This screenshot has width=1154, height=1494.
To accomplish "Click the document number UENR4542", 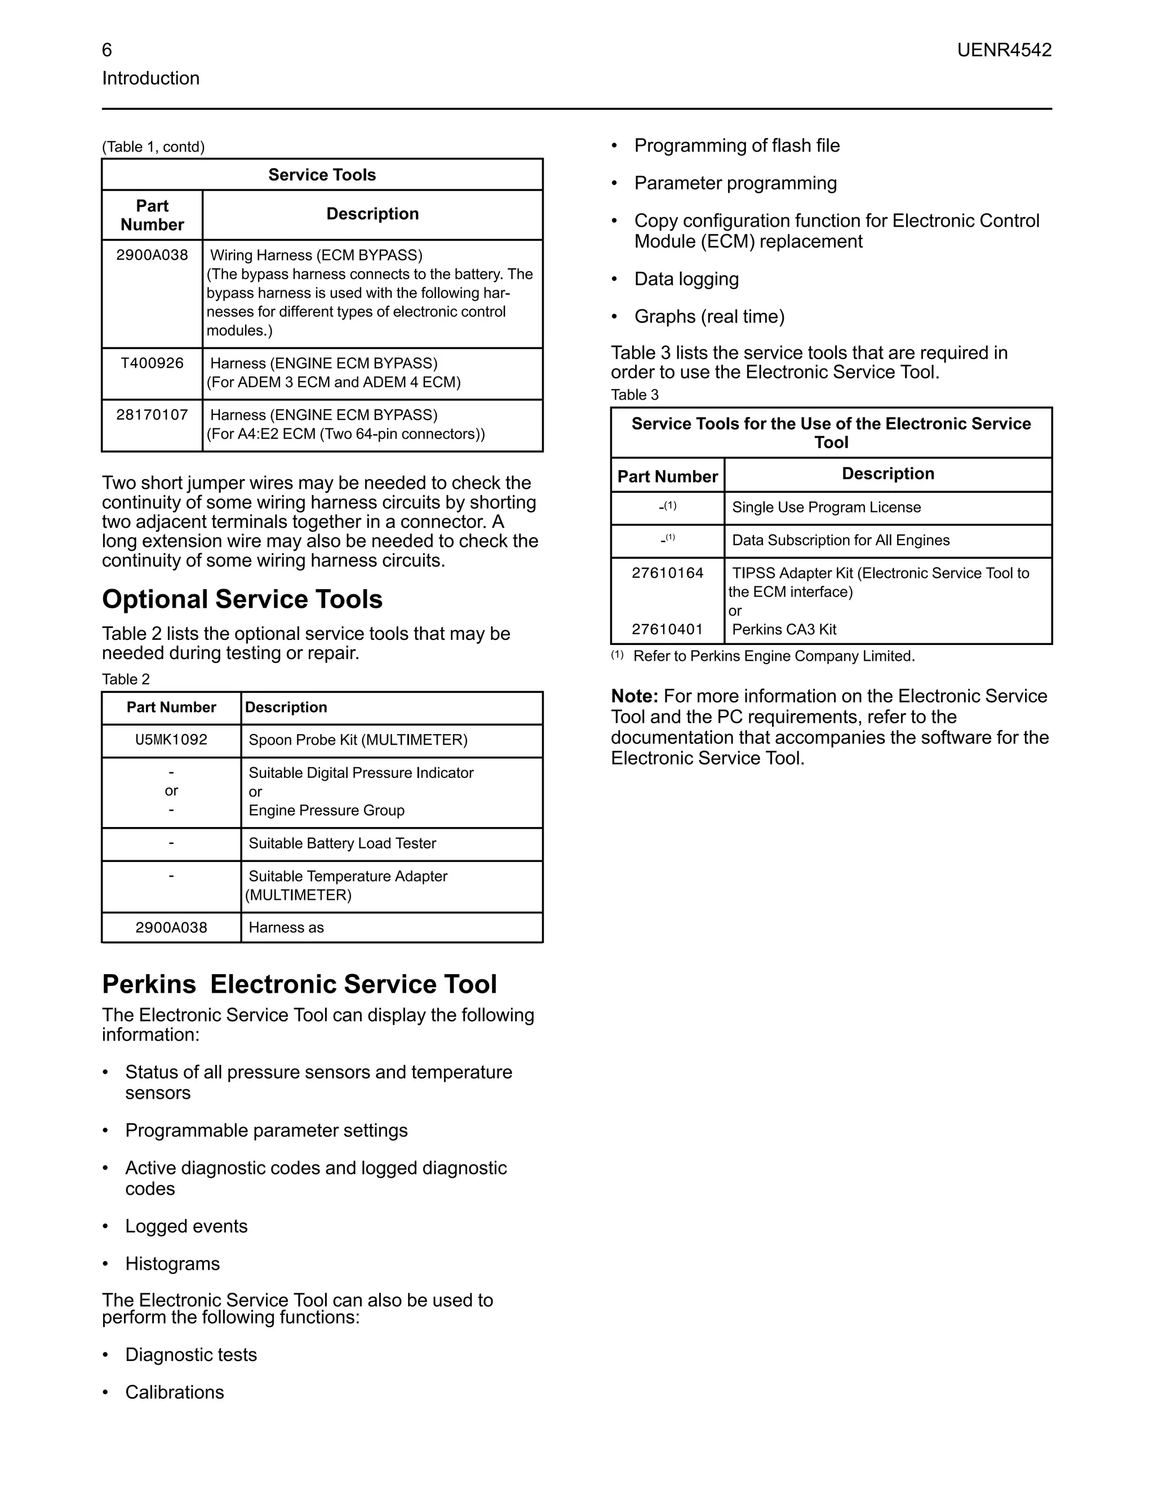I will (1004, 50).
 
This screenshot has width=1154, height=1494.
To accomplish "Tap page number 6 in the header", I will (106, 50).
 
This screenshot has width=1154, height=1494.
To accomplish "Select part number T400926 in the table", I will (152, 363).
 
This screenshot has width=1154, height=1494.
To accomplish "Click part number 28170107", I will (152, 416).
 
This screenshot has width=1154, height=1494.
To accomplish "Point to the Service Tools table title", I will (322, 175).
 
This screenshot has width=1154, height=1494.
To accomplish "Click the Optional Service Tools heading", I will (242, 599).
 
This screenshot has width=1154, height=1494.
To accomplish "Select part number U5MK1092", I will (171, 740).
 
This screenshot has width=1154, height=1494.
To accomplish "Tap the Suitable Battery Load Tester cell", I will (342, 843).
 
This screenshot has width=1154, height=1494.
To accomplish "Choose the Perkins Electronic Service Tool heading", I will (299, 984).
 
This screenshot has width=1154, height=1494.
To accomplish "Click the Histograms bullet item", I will (172, 1264).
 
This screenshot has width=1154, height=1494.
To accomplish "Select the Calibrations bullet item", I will (174, 1393).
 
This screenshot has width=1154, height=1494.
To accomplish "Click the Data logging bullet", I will (686, 279).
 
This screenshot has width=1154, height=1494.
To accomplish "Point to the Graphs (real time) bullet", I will (709, 317).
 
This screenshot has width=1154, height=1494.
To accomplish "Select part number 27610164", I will (667, 573).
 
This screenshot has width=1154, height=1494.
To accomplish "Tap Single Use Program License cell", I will (826, 507).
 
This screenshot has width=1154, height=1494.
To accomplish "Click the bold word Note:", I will (634, 696).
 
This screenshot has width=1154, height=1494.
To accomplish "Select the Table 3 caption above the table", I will (634, 395).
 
